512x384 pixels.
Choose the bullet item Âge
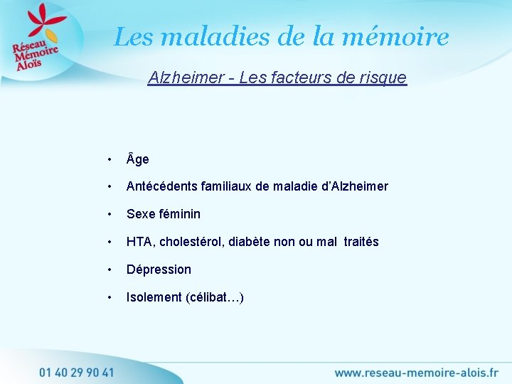coord(137,159)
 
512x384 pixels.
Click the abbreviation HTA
coord(139,242)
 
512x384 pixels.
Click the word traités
coord(361,242)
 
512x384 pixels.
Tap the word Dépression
coord(159,270)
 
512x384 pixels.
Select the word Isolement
coord(154,297)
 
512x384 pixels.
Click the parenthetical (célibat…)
coord(215,297)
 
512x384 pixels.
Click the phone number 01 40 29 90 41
coord(76,371)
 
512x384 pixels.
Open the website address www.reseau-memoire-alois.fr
coord(416,372)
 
